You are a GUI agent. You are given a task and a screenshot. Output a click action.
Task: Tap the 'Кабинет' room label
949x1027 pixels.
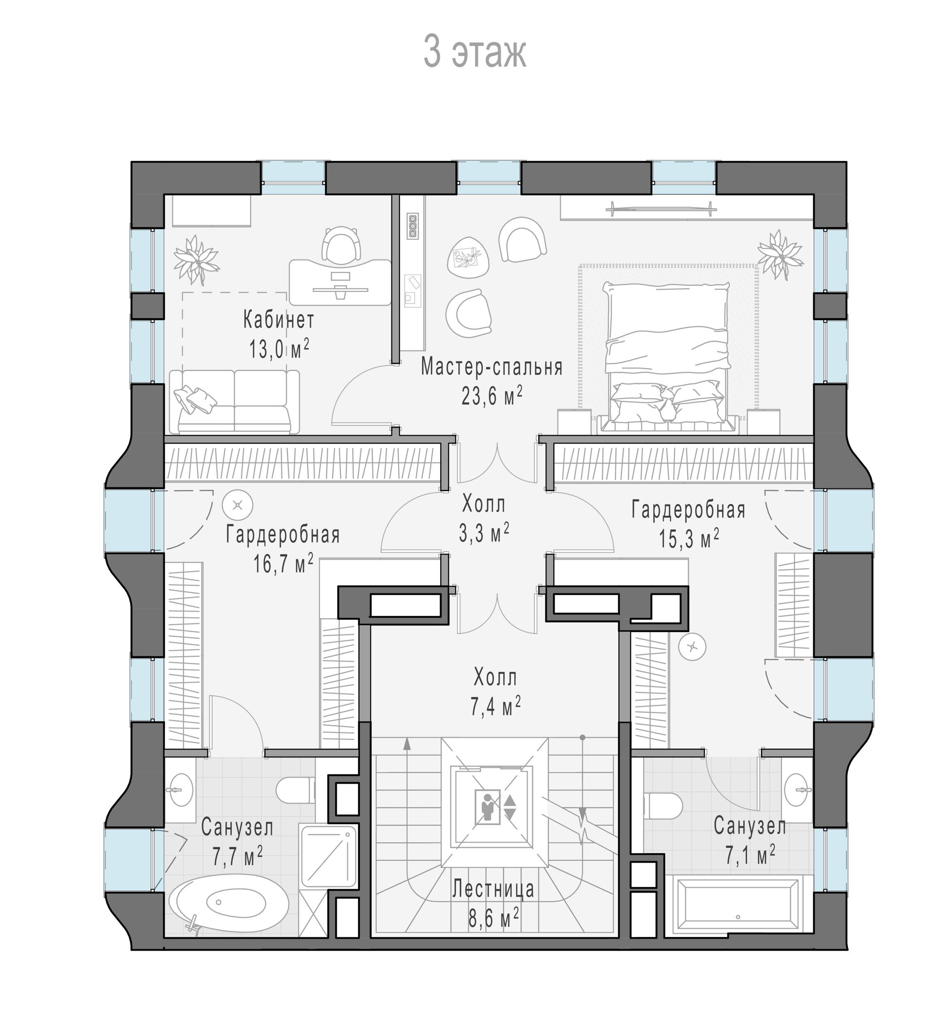point(279,320)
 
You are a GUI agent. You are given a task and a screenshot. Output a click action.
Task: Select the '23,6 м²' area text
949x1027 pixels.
point(492,395)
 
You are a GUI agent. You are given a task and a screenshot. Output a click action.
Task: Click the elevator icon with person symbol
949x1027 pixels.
point(490,808)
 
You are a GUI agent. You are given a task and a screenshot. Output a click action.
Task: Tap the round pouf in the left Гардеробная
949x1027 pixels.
point(237,505)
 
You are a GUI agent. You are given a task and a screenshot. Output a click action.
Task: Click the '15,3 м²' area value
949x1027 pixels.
point(689,539)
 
